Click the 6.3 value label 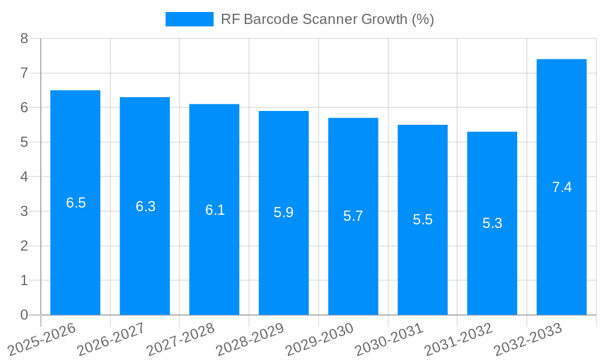(x=145, y=206)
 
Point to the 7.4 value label (x=562, y=187)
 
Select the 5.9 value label (x=283, y=212)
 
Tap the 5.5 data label (x=422, y=220)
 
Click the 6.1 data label (x=215, y=210)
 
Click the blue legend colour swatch (x=189, y=19)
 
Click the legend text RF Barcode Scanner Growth (x=327, y=19)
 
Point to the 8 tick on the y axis (x=24, y=38)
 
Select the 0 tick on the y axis (x=24, y=315)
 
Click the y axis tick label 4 (x=24, y=177)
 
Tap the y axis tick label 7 (x=24, y=73)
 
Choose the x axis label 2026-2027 (x=111, y=340)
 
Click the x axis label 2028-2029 (x=250, y=340)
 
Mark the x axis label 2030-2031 (x=389, y=340)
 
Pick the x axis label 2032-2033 (x=527, y=340)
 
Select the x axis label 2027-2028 (x=180, y=340)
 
